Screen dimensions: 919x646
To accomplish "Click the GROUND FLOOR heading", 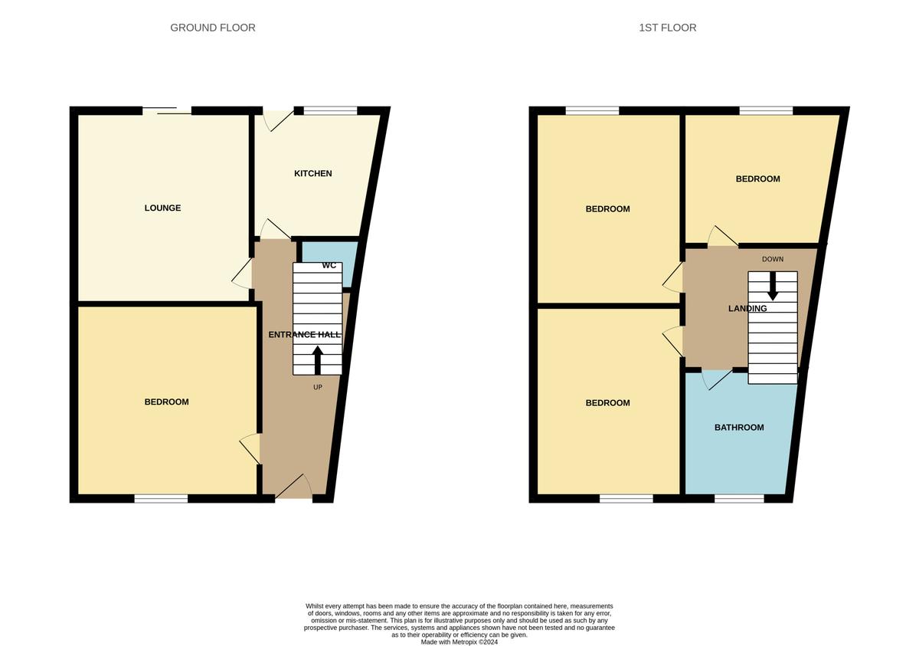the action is pyautogui.click(x=213, y=28).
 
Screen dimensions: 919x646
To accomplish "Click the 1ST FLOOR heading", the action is pyautogui.click(x=667, y=28).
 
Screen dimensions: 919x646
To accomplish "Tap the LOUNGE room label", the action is pyautogui.click(x=162, y=208).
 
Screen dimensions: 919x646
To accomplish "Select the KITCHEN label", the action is pyautogui.click(x=313, y=174).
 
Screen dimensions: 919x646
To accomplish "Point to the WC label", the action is pyautogui.click(x=329, y=266).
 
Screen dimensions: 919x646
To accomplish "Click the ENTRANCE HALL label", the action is pyautogui.click(x=305, y=334).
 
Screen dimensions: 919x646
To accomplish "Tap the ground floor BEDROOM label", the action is pyautogui.click(x=167, y=402).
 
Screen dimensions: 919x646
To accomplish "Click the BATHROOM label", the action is pyautogui.click(x=739, y=428).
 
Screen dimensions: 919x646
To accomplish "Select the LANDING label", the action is pyautogui.click(x=747, y=309).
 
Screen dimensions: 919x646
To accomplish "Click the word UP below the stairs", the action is pyautogui.click(x=318, y=387).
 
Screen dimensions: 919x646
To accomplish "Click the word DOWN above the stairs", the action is pyautogui.click(x=773, y=259).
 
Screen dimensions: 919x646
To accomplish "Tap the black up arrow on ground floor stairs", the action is pyautogui.click(x=318, y=360).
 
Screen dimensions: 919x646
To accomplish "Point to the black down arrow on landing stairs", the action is pyautogui.click(x=773, y=286).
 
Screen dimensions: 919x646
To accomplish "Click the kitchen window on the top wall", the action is pyautogui.click(x=331, y=111).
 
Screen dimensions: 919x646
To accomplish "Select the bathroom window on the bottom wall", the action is pyautogui.click(x=739, y=498).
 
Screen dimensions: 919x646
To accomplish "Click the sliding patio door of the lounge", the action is pyautogui.click(x=167, y=110).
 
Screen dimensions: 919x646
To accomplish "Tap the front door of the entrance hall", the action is pyautogui.click(x=294, y=488).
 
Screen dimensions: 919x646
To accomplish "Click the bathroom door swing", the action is pyautogui.click(x=717, y=379).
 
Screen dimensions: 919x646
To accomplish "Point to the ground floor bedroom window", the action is pyautogui.click(x=162, y=498).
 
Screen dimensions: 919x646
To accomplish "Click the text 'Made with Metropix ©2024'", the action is pyautogui.click(x=459, y=642).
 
